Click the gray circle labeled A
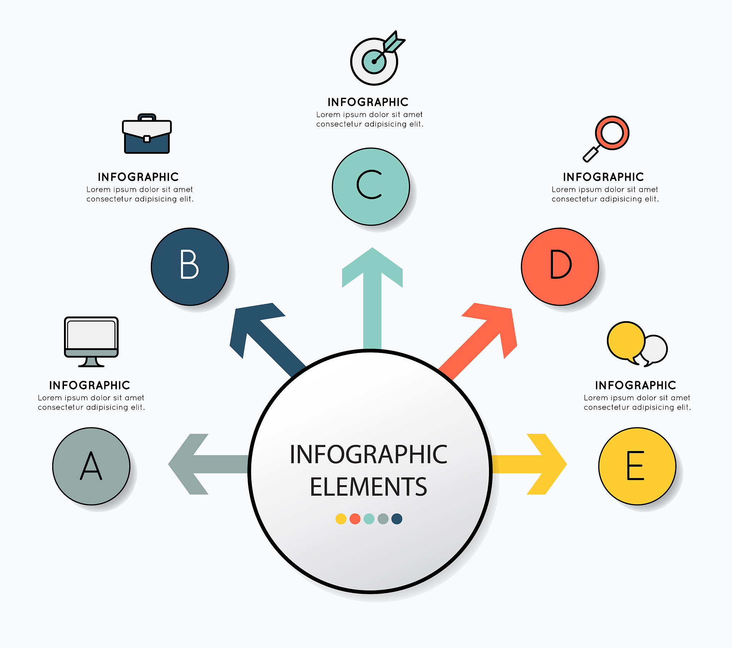pyautogui.click(x=91, y=466)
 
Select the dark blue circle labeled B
pyautogui.click(x=190, y=267)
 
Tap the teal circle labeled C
pyautogui.click(x=371, y=187)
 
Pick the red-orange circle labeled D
pyautogui.click(x=560, y=267)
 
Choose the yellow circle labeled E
pyautogui.click(x=637, y=466)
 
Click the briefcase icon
pyautogui.click(x=147, y=134)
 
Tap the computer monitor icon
pyautogui.click(x=91, y=342)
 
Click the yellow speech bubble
pyautogui.click(x=625, y=342)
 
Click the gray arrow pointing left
pyautogui.click(x=209, y=464)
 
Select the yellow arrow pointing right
pyautogui.click(x=529, y=464)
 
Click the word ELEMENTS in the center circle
pyautogui.click(x=369, y=487)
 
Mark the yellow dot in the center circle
pyautogui.click(x=341, y=519)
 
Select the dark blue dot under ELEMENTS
pyautogui.click(x=397, y=519)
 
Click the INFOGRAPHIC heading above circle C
pyautogui.click(x=368, y=102)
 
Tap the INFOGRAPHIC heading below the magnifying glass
pyautogui.click(x=603, y=177)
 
